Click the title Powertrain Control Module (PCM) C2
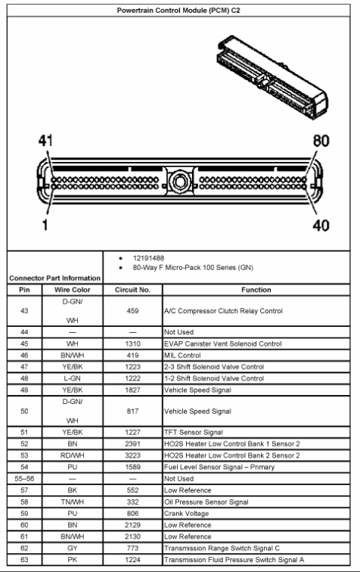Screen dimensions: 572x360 tap(179, 10)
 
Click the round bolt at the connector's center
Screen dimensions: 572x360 tap(179, 182)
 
